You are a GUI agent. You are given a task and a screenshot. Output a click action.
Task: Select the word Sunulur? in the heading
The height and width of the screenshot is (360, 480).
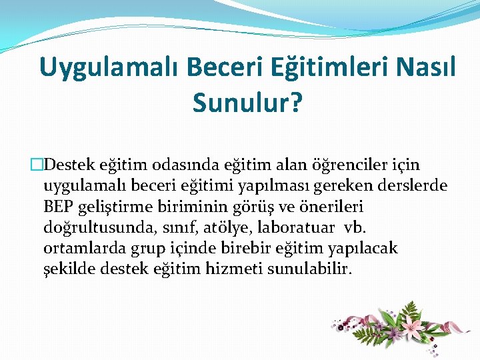pyautogui.click(x=247, y=102)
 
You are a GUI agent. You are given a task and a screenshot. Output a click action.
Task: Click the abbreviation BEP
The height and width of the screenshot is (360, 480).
pyautogui.click(x=57, y=207)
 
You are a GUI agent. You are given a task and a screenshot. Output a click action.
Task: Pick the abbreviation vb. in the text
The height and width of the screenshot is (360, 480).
pyautogui.click(x=353, y=227)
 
